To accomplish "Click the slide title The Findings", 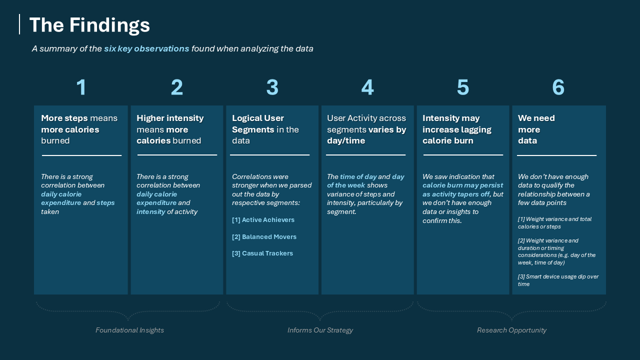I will [89, 25].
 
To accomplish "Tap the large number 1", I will [81, 87].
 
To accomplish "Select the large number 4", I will [367, 87].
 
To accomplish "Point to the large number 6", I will [558, 87].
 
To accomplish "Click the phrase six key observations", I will [146, 48].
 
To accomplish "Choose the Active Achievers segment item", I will [263, 220].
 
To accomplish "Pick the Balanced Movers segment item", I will [264, 237].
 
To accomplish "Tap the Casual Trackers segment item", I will [262, 253].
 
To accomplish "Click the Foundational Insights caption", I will [129, 330].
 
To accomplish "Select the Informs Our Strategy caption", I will [320, 330].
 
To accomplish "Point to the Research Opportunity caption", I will [511, 330].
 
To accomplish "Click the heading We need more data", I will [536, 129].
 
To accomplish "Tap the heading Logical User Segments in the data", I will [265, 129].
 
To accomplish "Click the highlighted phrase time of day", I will [358, 176].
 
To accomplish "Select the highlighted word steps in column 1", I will [105, 203].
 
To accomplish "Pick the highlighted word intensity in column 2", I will [150, 211].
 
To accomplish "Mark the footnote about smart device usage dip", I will [558, 280].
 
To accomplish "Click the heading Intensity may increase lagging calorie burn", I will [456, 129].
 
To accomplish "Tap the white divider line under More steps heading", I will [81, 155].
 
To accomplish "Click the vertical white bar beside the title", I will [19, 24].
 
